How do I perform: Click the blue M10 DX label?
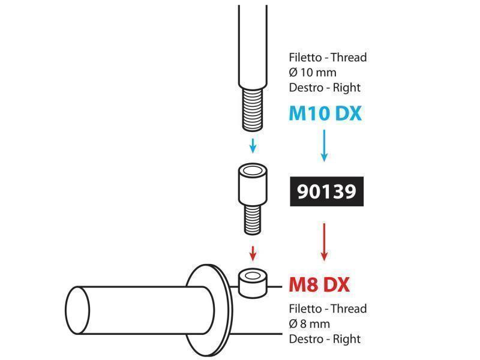325,113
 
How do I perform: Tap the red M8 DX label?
319,284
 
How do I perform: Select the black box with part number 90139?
326,191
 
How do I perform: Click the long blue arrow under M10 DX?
324,146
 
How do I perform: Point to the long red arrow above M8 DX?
324,242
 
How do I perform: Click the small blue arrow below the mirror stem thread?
253,146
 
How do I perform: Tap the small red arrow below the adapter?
253,253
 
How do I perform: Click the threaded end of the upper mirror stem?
253,110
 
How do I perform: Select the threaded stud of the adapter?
253,220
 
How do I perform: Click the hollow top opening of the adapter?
253,170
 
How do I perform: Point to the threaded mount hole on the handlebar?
253,276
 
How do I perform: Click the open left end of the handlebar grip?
77,310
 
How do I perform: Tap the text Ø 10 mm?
313,73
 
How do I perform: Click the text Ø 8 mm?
310,324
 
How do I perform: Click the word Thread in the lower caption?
349,308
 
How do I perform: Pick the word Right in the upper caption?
347,88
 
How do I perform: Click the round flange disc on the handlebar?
209,310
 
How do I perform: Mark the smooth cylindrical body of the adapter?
253,187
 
